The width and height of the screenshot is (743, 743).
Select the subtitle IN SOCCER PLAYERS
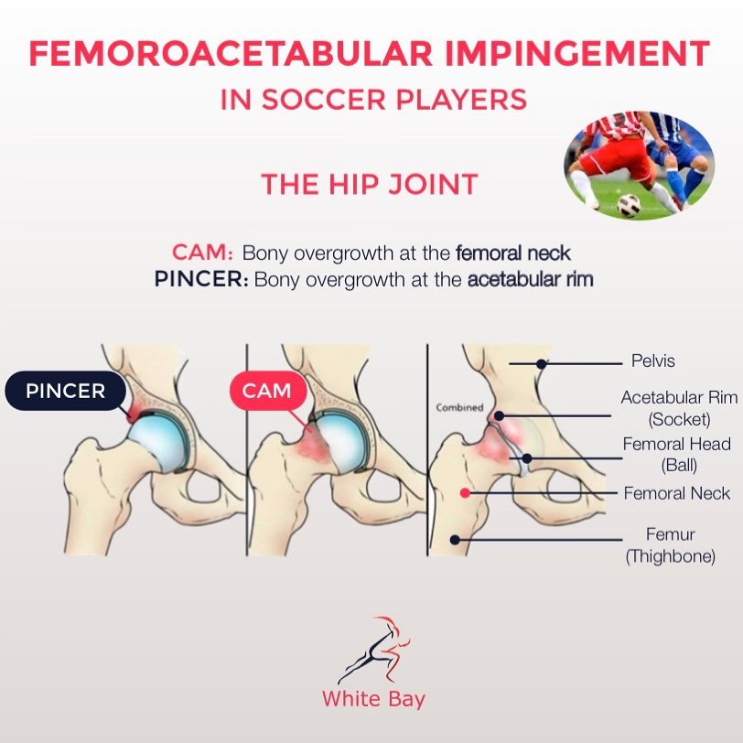click(373, 99)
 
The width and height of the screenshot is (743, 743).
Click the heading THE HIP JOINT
click(370, 184)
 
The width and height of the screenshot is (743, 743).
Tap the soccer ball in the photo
click(629, 205)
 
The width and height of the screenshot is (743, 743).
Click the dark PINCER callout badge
click(66, 392)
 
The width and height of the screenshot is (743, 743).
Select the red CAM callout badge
click(266, 392)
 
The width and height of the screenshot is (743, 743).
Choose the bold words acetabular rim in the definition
click(530, 279)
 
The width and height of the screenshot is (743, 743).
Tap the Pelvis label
click(652, 361)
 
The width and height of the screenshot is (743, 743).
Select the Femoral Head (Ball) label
click(677, 454)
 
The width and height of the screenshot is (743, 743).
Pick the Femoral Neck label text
click(677, 493)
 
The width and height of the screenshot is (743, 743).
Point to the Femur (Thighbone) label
click(671, 544)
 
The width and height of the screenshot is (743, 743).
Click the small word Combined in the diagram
click(458, 407)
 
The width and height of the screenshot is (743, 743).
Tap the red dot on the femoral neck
click(465, 493)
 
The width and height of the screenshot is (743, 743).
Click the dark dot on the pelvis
click(542, 363)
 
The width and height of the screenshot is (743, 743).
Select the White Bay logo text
click(373, 699)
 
